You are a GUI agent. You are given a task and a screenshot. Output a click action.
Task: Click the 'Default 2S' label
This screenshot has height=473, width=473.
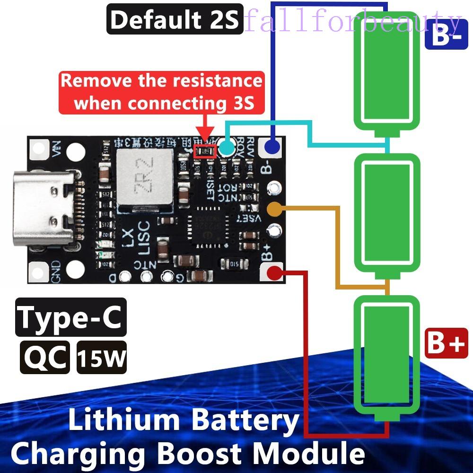coord(175,20)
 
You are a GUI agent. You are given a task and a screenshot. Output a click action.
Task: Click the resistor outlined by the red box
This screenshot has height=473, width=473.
coord(205,151)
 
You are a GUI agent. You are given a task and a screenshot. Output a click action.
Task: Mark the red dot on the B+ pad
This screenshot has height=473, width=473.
coord(273,272)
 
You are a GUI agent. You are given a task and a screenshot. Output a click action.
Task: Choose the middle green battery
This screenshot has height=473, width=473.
coord(387,216)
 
